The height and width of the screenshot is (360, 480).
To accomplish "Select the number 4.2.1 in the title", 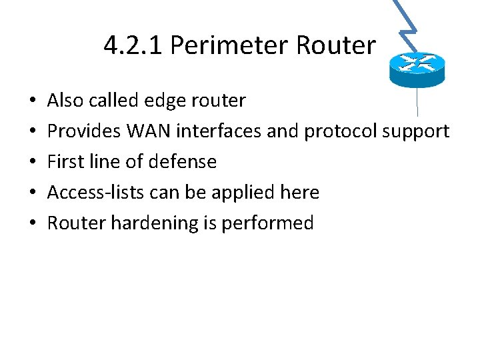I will [134, 45].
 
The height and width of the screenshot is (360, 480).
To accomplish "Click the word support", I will [416, 131].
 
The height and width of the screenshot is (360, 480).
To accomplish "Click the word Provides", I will [79, 131].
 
